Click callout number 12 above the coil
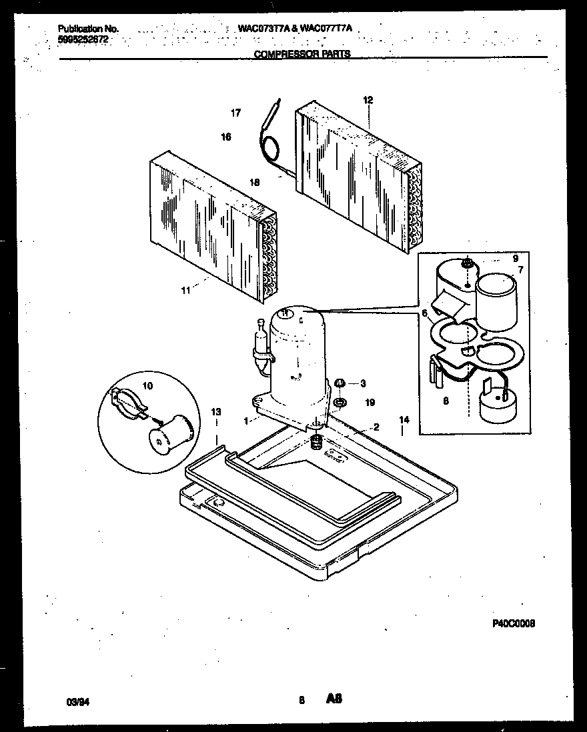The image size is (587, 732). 368,101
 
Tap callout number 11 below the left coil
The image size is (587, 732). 185,290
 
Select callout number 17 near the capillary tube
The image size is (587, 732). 235,113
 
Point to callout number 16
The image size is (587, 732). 226,137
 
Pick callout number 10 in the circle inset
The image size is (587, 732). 147,385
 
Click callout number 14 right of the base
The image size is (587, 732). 404,420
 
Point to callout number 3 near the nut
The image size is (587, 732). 363,383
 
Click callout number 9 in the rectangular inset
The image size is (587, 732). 515,258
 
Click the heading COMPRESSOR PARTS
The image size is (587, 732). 302,54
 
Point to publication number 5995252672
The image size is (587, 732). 83,39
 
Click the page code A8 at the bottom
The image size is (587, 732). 334,699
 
